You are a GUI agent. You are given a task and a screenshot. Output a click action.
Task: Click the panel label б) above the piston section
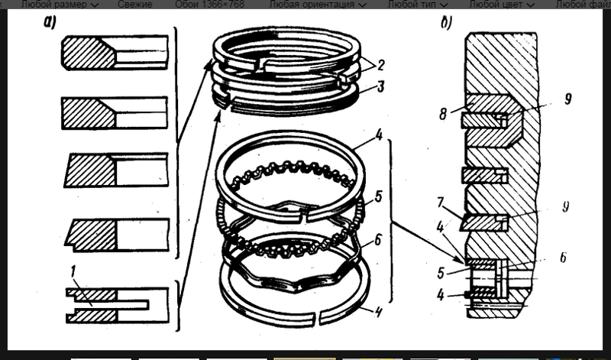coord(446,21)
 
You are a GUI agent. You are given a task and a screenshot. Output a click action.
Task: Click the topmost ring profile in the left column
coord(115,53)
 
